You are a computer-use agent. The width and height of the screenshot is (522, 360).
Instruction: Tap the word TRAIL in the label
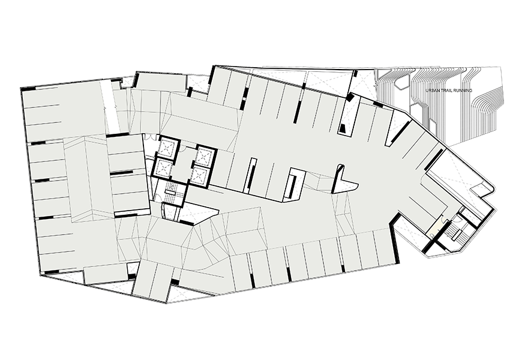coord(449,91)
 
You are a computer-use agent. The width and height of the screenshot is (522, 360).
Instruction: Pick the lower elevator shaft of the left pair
coord(163,169)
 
